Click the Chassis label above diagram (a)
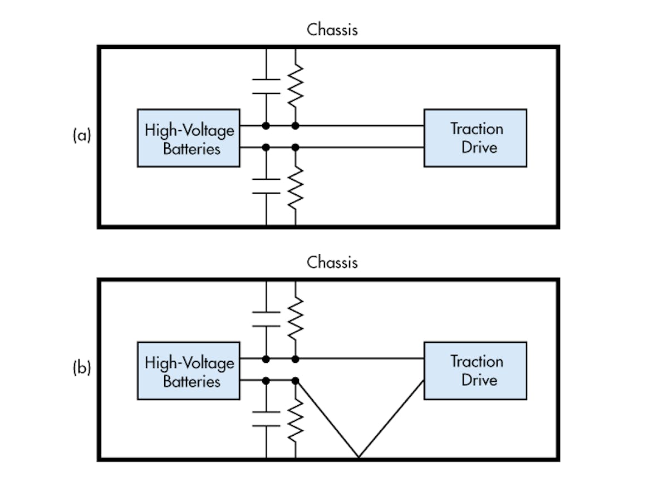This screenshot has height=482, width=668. [332, 29]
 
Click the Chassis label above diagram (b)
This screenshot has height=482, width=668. [332, 262]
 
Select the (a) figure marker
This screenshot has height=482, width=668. [81, 136]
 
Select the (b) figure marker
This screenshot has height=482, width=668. [81, 368]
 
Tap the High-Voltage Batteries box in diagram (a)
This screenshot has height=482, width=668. [189, 138]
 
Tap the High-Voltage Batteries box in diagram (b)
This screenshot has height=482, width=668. [189, 371]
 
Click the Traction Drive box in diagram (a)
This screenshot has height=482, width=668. [475, 138]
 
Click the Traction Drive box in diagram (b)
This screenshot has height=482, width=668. [475, 371]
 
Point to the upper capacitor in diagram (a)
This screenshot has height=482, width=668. [266, 86]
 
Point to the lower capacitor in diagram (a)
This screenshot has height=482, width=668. [266, 186]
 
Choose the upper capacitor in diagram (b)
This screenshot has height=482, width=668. [266, 319]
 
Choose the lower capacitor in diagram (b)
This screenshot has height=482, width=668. [266, 419]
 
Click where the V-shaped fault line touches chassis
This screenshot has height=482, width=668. [358, 458]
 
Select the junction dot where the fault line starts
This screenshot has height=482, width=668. [296, 381]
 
